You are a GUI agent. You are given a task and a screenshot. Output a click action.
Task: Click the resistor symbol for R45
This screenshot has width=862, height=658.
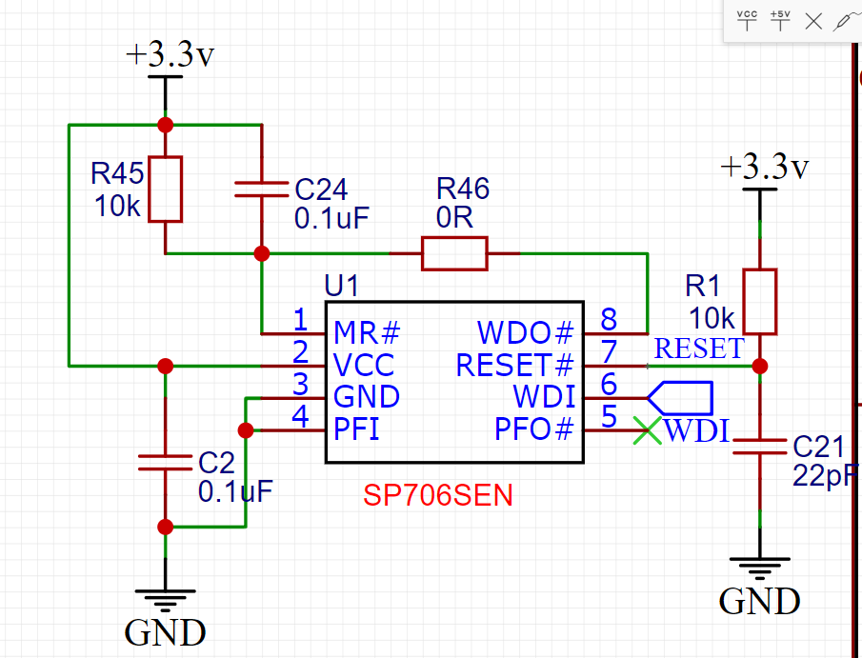point(165,189)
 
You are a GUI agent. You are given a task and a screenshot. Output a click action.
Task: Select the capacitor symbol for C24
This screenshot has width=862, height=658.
point(260,189)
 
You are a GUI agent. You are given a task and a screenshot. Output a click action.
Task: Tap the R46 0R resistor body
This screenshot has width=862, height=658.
point(454,254)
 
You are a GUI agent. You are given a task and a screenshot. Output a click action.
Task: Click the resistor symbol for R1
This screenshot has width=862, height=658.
point(759,301)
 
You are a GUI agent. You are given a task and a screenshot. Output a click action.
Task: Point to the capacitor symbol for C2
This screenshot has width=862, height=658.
point(165,463)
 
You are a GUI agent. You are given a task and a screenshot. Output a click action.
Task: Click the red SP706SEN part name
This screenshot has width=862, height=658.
point(437,495)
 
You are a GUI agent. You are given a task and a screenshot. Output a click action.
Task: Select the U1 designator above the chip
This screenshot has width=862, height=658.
point(342,287)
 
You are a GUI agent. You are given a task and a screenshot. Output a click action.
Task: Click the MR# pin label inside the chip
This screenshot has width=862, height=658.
point(367,333)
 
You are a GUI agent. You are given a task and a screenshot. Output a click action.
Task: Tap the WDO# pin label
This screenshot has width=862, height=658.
point(527,333)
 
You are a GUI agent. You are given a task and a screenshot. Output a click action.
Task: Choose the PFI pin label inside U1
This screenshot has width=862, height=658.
point(356,429)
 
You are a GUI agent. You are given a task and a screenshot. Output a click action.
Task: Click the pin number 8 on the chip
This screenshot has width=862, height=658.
point(608,318)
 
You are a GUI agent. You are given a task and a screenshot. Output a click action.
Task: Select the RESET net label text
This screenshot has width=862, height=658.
point(698,349)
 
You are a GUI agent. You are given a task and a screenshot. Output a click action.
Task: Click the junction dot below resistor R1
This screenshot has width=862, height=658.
point(759,366)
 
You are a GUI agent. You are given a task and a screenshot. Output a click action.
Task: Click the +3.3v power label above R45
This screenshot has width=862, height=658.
point(170,55)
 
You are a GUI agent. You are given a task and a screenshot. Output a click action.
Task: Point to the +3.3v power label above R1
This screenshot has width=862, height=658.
point(764,168)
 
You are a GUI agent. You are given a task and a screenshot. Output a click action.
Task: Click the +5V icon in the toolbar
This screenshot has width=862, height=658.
point(780,20)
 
